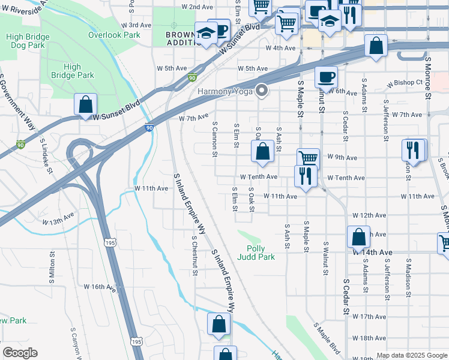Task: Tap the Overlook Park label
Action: pyautogui.click(x=114, y=35)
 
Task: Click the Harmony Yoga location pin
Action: pyautogui.click(x=262, y=92)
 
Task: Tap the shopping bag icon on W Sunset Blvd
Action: pyautogui.click(x=86, y=104)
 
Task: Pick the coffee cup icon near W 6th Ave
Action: pyautogui.click(x=326, y=77)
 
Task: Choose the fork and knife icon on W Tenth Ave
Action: pyautogui.click(x=306, y=176)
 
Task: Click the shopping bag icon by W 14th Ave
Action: pyautogui.click(x=358, y=237)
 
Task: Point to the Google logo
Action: pyautogui.click(x=20, y=353)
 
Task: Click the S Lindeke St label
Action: pyautogui.click(x=47, y=153)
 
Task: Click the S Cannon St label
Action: pyautogui.click(x=214, y=138)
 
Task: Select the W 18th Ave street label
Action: pyautogui.click(x=369, y=338)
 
